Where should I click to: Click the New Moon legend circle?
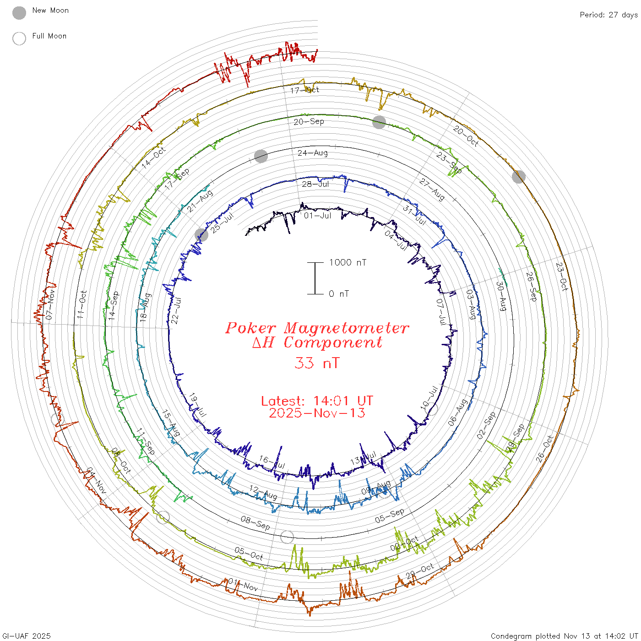tap(19, 13)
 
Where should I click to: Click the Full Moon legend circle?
tap(19, 39)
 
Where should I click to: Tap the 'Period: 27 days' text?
tap(608, 15)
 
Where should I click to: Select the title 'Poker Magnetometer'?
tap(317, 328)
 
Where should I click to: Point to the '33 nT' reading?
tap(317, 363)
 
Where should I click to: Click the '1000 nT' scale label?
tap(348, 262)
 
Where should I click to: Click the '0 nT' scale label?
tap(339, 294)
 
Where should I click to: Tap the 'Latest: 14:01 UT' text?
tap(317, 401)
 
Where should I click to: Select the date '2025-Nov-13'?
tap(317, 413)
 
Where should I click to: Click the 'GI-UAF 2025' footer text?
tap(27, 636)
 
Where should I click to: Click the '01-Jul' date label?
tap(317, 215)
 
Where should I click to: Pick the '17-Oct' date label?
tap(305, 90)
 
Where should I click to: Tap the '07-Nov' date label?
tap(50, 304)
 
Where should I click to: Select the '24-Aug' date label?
tap(313, 153)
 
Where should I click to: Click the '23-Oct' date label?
tap(562, 277)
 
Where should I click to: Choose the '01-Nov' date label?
tap(243, 585)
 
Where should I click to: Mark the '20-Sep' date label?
tap(309, 122)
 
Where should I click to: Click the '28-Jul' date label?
tap(315, 184)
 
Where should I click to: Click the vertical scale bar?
tap(315, 278)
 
